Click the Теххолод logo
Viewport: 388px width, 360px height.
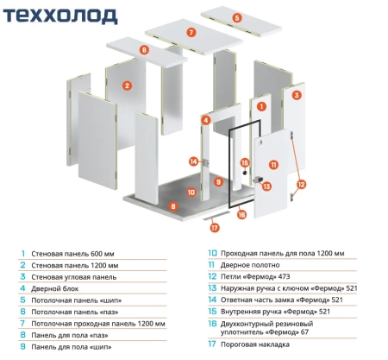coord(60,16)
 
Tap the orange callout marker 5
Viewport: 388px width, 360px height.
coord(237,18)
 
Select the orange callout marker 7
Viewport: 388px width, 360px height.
coord(191,32)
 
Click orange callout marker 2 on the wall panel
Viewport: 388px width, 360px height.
coord(127,85)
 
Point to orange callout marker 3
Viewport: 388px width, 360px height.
coord(297,95)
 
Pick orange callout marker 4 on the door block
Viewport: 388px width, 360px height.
coord(206,120)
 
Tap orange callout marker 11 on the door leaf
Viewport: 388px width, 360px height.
coord(273,165)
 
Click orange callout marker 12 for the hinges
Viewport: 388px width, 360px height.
coord(301,184)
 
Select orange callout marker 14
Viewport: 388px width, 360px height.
coord(194,161)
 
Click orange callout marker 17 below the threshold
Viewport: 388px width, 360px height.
coord(215,228)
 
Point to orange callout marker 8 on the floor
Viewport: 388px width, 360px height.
coord(173,206)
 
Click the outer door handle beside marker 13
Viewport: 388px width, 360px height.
coord(258,180)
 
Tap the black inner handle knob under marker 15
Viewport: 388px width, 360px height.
coord(245,173)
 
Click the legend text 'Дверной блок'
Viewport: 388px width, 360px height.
coord(54,288)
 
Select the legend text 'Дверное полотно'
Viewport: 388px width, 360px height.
coord(250,265)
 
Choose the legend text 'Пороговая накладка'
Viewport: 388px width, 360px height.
coord(255,344)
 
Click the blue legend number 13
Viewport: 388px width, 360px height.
coord(212,288)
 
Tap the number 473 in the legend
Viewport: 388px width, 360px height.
coord(285,276)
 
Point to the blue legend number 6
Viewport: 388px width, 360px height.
coord(23,312)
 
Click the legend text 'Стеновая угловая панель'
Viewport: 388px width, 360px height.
coord(74,277)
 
